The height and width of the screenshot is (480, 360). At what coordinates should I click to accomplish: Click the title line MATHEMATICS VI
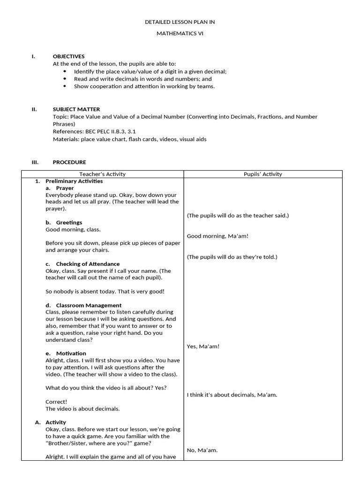[180, 34]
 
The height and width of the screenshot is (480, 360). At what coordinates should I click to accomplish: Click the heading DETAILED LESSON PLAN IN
[180, 22]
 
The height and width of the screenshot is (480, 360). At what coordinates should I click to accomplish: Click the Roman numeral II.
[34, 109]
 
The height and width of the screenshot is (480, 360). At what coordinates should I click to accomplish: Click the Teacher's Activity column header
[102, 174]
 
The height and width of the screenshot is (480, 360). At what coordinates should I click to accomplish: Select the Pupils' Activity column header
[262, 174]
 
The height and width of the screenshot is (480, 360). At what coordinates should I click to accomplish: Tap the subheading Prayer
[65, 188]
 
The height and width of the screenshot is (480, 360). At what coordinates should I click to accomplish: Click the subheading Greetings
[69, 222]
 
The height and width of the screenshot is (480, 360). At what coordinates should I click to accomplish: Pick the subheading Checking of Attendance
[88, 264]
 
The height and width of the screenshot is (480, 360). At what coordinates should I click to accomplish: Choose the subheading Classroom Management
[89, 305]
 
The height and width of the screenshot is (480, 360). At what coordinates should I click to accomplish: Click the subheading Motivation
[71, 353]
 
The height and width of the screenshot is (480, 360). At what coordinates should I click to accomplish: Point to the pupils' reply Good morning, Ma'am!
[217, 236]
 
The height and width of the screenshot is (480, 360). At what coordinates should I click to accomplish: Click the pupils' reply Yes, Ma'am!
[203, 346]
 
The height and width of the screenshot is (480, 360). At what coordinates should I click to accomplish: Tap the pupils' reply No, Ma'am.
[202, 450]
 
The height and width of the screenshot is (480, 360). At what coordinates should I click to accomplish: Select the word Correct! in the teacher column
[56, 402]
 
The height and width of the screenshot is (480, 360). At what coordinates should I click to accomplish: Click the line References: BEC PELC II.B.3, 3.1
[94, 132]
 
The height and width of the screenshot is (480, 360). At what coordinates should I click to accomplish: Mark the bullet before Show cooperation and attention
[65, 86]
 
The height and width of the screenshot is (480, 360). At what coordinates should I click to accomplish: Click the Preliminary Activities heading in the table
[74, 181]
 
